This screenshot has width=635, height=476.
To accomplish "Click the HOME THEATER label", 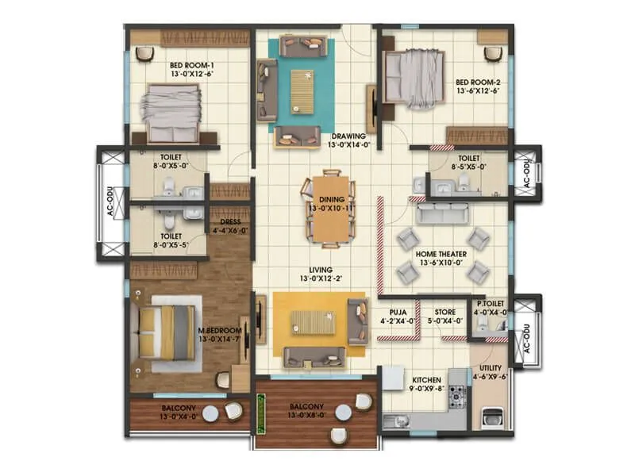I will coord(441,254).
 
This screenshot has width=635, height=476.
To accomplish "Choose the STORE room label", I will coord(444,313).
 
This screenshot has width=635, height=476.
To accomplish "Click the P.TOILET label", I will coord(491,304).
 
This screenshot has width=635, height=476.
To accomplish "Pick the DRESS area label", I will coord(230,222).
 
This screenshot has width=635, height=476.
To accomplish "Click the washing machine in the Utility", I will coord(490,419).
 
